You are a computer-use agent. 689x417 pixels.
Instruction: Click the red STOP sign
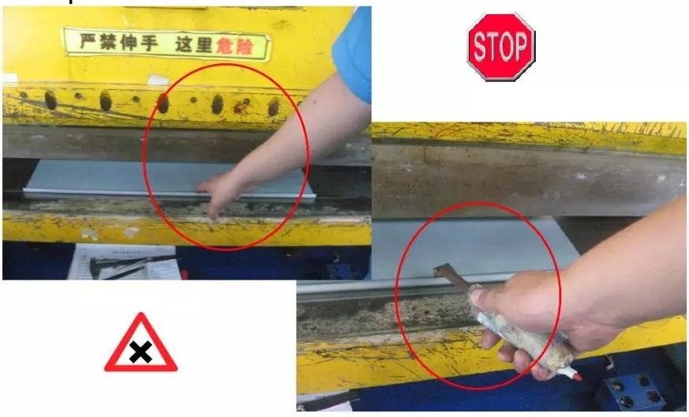tap(501, 47)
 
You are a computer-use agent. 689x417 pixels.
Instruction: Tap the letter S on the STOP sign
tap(478, 47)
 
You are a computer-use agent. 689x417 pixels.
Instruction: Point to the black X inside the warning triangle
tap(140, 352)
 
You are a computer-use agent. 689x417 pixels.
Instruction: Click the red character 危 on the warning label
tap(224, 46)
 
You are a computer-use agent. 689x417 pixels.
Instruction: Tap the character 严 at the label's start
tap(88, 41)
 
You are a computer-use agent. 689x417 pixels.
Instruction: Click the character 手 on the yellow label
tap(148, 43)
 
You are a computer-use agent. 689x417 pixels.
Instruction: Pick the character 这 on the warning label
tap(184, 44)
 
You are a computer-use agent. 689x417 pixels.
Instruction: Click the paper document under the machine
tap(125, 262)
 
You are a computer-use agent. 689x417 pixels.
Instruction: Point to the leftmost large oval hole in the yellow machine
tap(51, 100)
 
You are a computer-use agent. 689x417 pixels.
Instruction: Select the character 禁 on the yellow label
tap(108, 42)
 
